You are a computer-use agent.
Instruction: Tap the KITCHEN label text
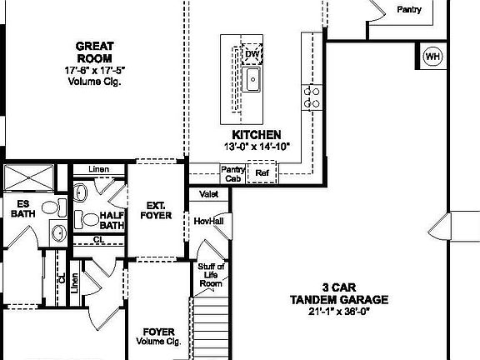(x=257, y=134)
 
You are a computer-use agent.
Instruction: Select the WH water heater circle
(x=432, y=57)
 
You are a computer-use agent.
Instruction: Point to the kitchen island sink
(x=252, y=80)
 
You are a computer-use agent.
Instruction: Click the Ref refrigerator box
(x=262, y=173)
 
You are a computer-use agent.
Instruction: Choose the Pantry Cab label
(x=232, y=173)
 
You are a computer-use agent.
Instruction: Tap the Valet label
(x=208, y=194)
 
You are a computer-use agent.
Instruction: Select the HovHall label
(x=208, y=221)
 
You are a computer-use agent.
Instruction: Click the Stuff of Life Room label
(x=211, y=275)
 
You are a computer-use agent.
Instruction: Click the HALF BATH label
(x=112, y=219)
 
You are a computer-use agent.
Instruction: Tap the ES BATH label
(x=23, y=209)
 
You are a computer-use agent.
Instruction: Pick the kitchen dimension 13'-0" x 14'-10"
(x=257, y=147)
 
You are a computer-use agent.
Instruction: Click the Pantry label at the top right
(x=408, y=10)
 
